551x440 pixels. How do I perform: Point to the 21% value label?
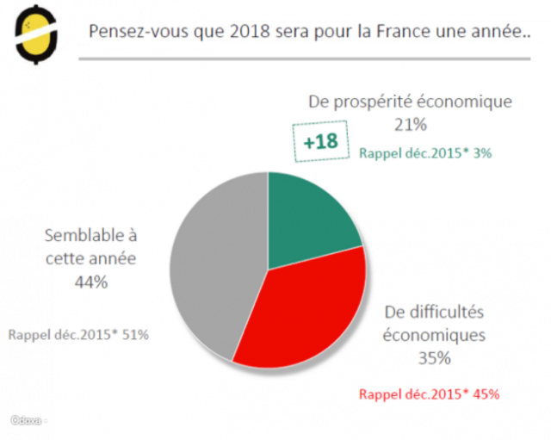click(x=410, y=124)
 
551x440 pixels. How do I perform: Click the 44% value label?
click(x=90, y=282)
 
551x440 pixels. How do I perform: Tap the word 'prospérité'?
click(x=374, y=102)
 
